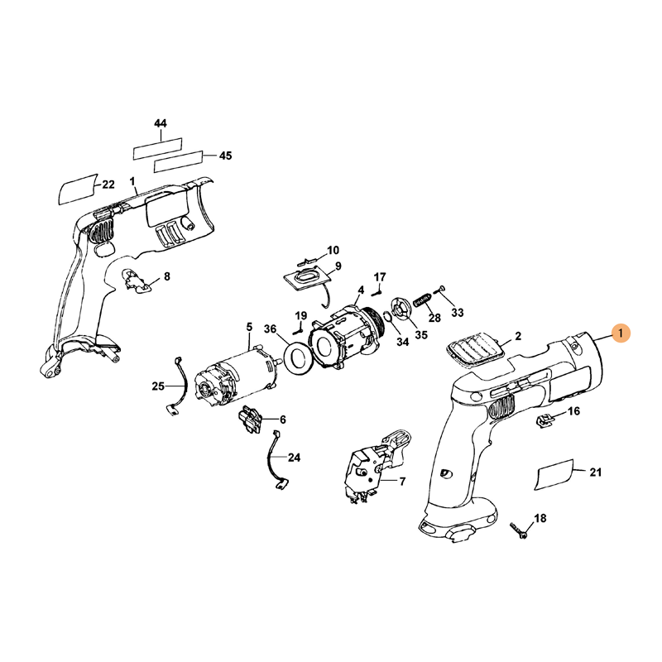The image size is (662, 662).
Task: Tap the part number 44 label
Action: (161, 123)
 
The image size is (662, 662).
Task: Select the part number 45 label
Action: (225, 155)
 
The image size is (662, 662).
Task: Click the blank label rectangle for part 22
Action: (77, 189)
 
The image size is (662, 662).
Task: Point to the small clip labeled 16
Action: (544, 420)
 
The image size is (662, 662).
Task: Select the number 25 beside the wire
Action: (158, 386)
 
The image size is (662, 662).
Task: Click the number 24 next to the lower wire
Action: (294, 457)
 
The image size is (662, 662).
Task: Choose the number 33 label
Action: (457, 314)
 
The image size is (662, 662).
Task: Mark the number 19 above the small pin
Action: (301, 315)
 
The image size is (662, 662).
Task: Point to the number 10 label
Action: (333, 250)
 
